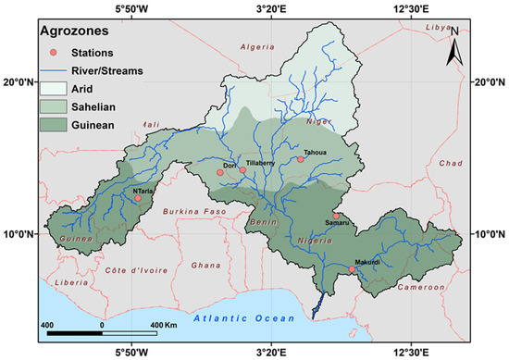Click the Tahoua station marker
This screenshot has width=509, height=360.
click(x=301, y=159)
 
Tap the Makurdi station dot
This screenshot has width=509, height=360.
click(x=352, y=268)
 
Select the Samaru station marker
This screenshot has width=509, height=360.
click(x=336, y=217)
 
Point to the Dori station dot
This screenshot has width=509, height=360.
click(x=220, y=172)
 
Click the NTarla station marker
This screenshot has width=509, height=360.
click(x=138, y=198)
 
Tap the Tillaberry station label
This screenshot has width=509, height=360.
click(x=259, y=163)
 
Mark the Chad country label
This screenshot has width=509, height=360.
click(x=451, y=163)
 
